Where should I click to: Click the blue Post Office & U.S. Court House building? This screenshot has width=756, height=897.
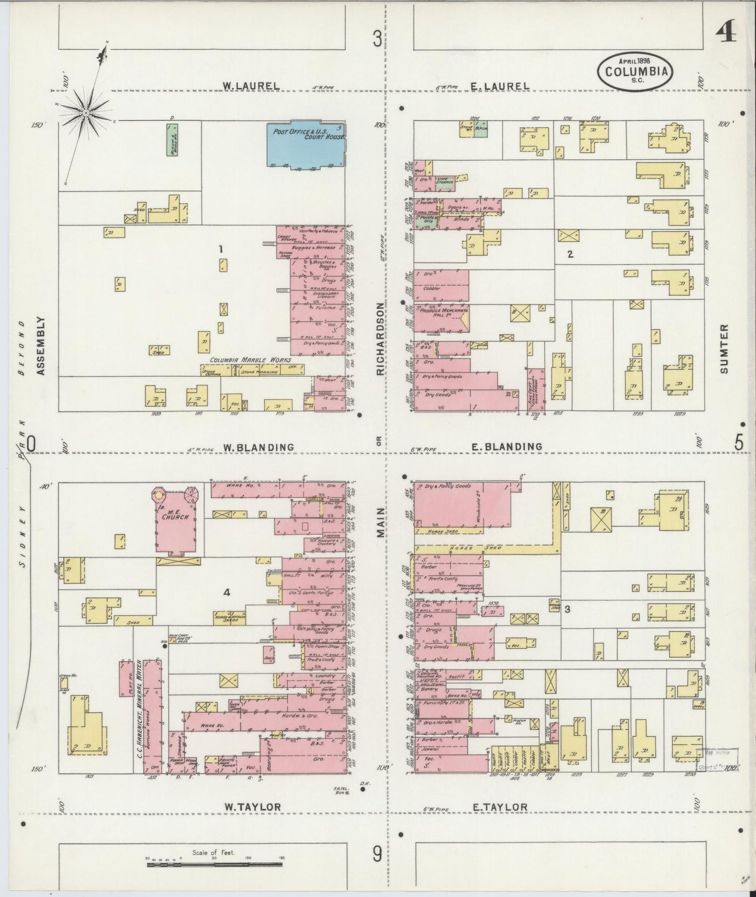(x=306, y=145)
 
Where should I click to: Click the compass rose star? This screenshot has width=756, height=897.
(x=85, y=113)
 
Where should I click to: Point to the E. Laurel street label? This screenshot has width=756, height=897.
(x=501, y=86)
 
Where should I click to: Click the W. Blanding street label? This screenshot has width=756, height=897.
(x=258, y=447)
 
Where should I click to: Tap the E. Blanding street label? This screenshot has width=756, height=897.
(x=506, y=446)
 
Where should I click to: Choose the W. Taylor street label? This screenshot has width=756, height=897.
(x=253, y=807)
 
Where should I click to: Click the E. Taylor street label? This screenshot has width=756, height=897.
(x=500, y=807)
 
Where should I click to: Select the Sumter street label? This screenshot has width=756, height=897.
(x=724, y=348)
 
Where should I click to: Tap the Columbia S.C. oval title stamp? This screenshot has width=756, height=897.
(x=636, y=70)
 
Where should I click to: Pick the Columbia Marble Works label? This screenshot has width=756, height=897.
(x=250, y=361)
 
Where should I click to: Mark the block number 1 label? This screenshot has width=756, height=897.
(x=221, y=250)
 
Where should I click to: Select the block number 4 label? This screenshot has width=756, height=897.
(x=227, y=592)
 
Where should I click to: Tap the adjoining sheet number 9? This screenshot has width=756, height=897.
(x=377, y=855)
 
